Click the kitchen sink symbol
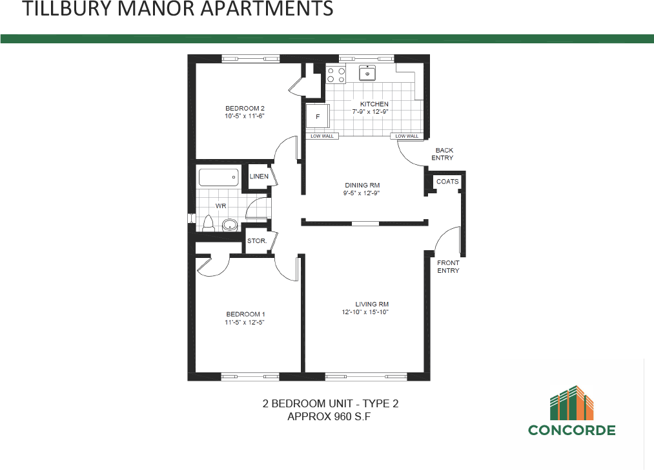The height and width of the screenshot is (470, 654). tap(367, 74)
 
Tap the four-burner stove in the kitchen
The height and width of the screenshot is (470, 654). tap(335, 75)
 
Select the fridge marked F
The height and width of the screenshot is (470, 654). tap(318, 117)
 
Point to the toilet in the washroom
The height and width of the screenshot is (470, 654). tap(208, 224)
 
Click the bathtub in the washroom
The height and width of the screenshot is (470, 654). tap(218, 177)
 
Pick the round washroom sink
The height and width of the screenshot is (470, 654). tap(230, 226)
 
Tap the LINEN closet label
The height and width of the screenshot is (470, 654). tap(259, 176)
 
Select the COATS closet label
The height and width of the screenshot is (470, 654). tap(447, 182)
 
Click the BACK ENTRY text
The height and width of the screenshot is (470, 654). tap(444, 154)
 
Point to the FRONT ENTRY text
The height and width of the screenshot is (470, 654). tap(448, 266)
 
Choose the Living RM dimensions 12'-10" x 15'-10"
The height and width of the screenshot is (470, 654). tap(365, 312)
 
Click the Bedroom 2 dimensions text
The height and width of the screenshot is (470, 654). tap(245, 116)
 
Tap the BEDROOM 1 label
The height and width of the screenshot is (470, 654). tap(245, 314)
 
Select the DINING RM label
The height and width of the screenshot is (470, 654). tap(362, 185)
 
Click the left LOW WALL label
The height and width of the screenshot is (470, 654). tap(322, 136)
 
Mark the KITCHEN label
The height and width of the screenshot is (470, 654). tap(374, 104)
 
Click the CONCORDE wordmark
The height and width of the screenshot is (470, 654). tap(571, 430)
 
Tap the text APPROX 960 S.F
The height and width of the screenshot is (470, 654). tap(329, 417)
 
